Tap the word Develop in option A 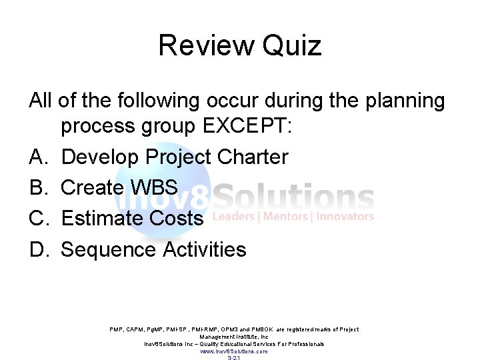point(100,157)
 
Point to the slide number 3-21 point(234,358)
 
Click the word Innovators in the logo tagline point(345,217)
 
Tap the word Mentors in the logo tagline point(287,217)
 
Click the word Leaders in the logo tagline point(235,217)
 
